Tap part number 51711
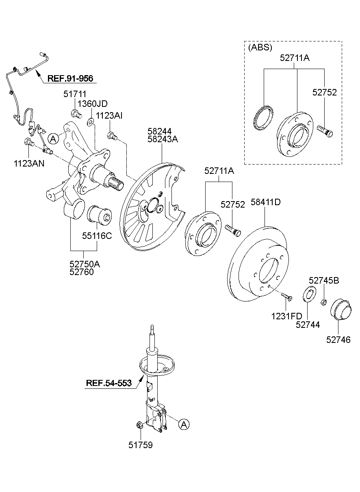pyautogui.click(x=74, y=94)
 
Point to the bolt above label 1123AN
pyautogui.click(x=28, y=142)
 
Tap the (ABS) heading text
pyautogui.click(x=260, y=48)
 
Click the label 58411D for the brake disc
pyautogui.click(x=266, y=202)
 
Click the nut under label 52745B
pyautogui.click(x=324, y=302)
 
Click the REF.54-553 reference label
pyautogui.click(x=108, y=383)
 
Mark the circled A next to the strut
pyautogui.click(x=183, y=425)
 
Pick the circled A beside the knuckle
pyautogui.click(x=53, y=139)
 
